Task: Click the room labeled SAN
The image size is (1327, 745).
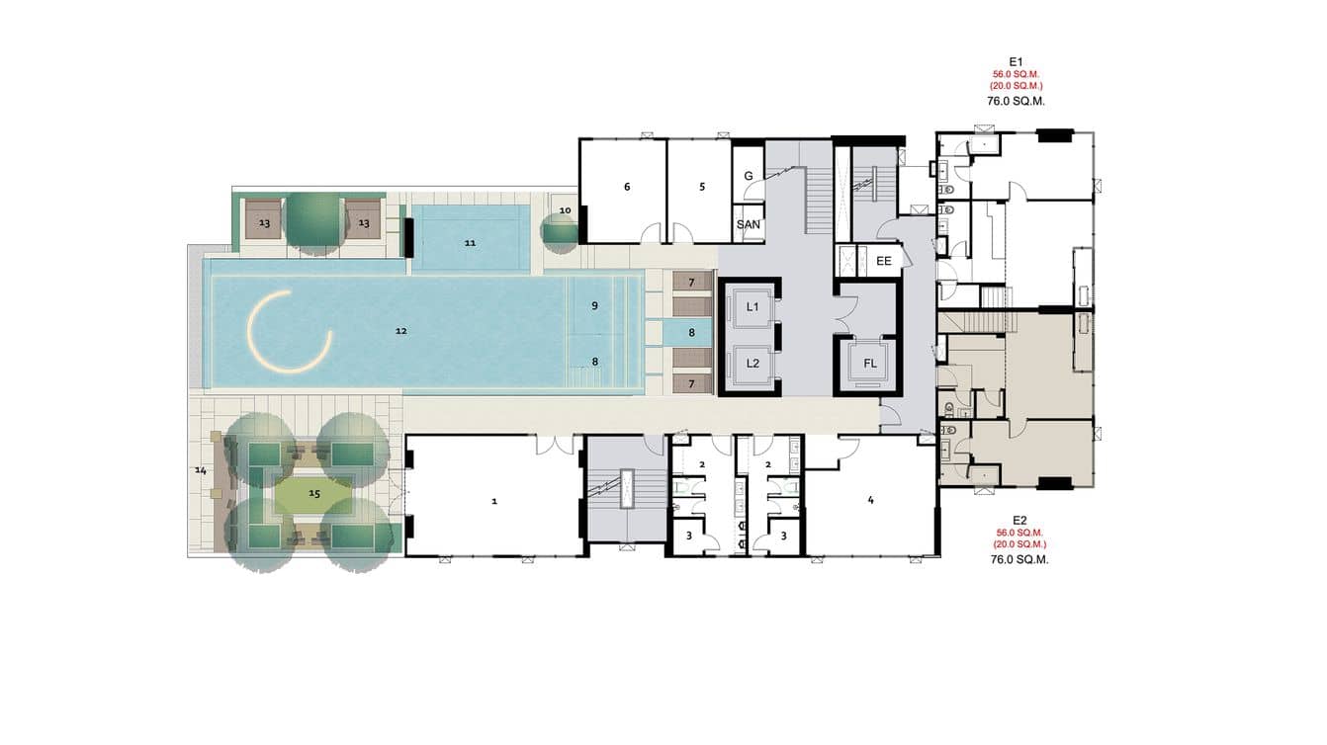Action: (x=749, y=224)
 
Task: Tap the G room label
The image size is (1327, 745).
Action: (x=749, y=176)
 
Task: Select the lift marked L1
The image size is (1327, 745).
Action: (x=752, y=306)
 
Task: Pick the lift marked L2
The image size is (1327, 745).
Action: (x=752, y=364)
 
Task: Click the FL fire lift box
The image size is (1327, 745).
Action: (x=869, y=364)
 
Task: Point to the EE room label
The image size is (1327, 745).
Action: (x=883, y=261)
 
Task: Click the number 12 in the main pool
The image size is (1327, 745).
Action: (x=401, y=331)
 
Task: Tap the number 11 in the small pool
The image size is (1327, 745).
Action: (x=470, y=243)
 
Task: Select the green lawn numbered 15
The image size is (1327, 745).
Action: (x=314, y=493)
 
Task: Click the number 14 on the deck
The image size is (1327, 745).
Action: (x=200, y=470)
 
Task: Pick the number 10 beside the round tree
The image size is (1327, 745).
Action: (x=566, y=210)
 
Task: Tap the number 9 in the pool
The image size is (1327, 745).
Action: (x=594, y=305)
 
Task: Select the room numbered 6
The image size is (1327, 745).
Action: (x=623, y=191)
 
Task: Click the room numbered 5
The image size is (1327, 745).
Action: (x=699, y=191)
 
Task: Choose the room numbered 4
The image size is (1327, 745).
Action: (x=870, y=500)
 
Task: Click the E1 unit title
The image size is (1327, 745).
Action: (x=1016, y=61)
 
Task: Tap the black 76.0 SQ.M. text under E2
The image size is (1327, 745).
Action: (x=1019, y=560)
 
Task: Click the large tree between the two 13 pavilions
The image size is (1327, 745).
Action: (x=314, y=222)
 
